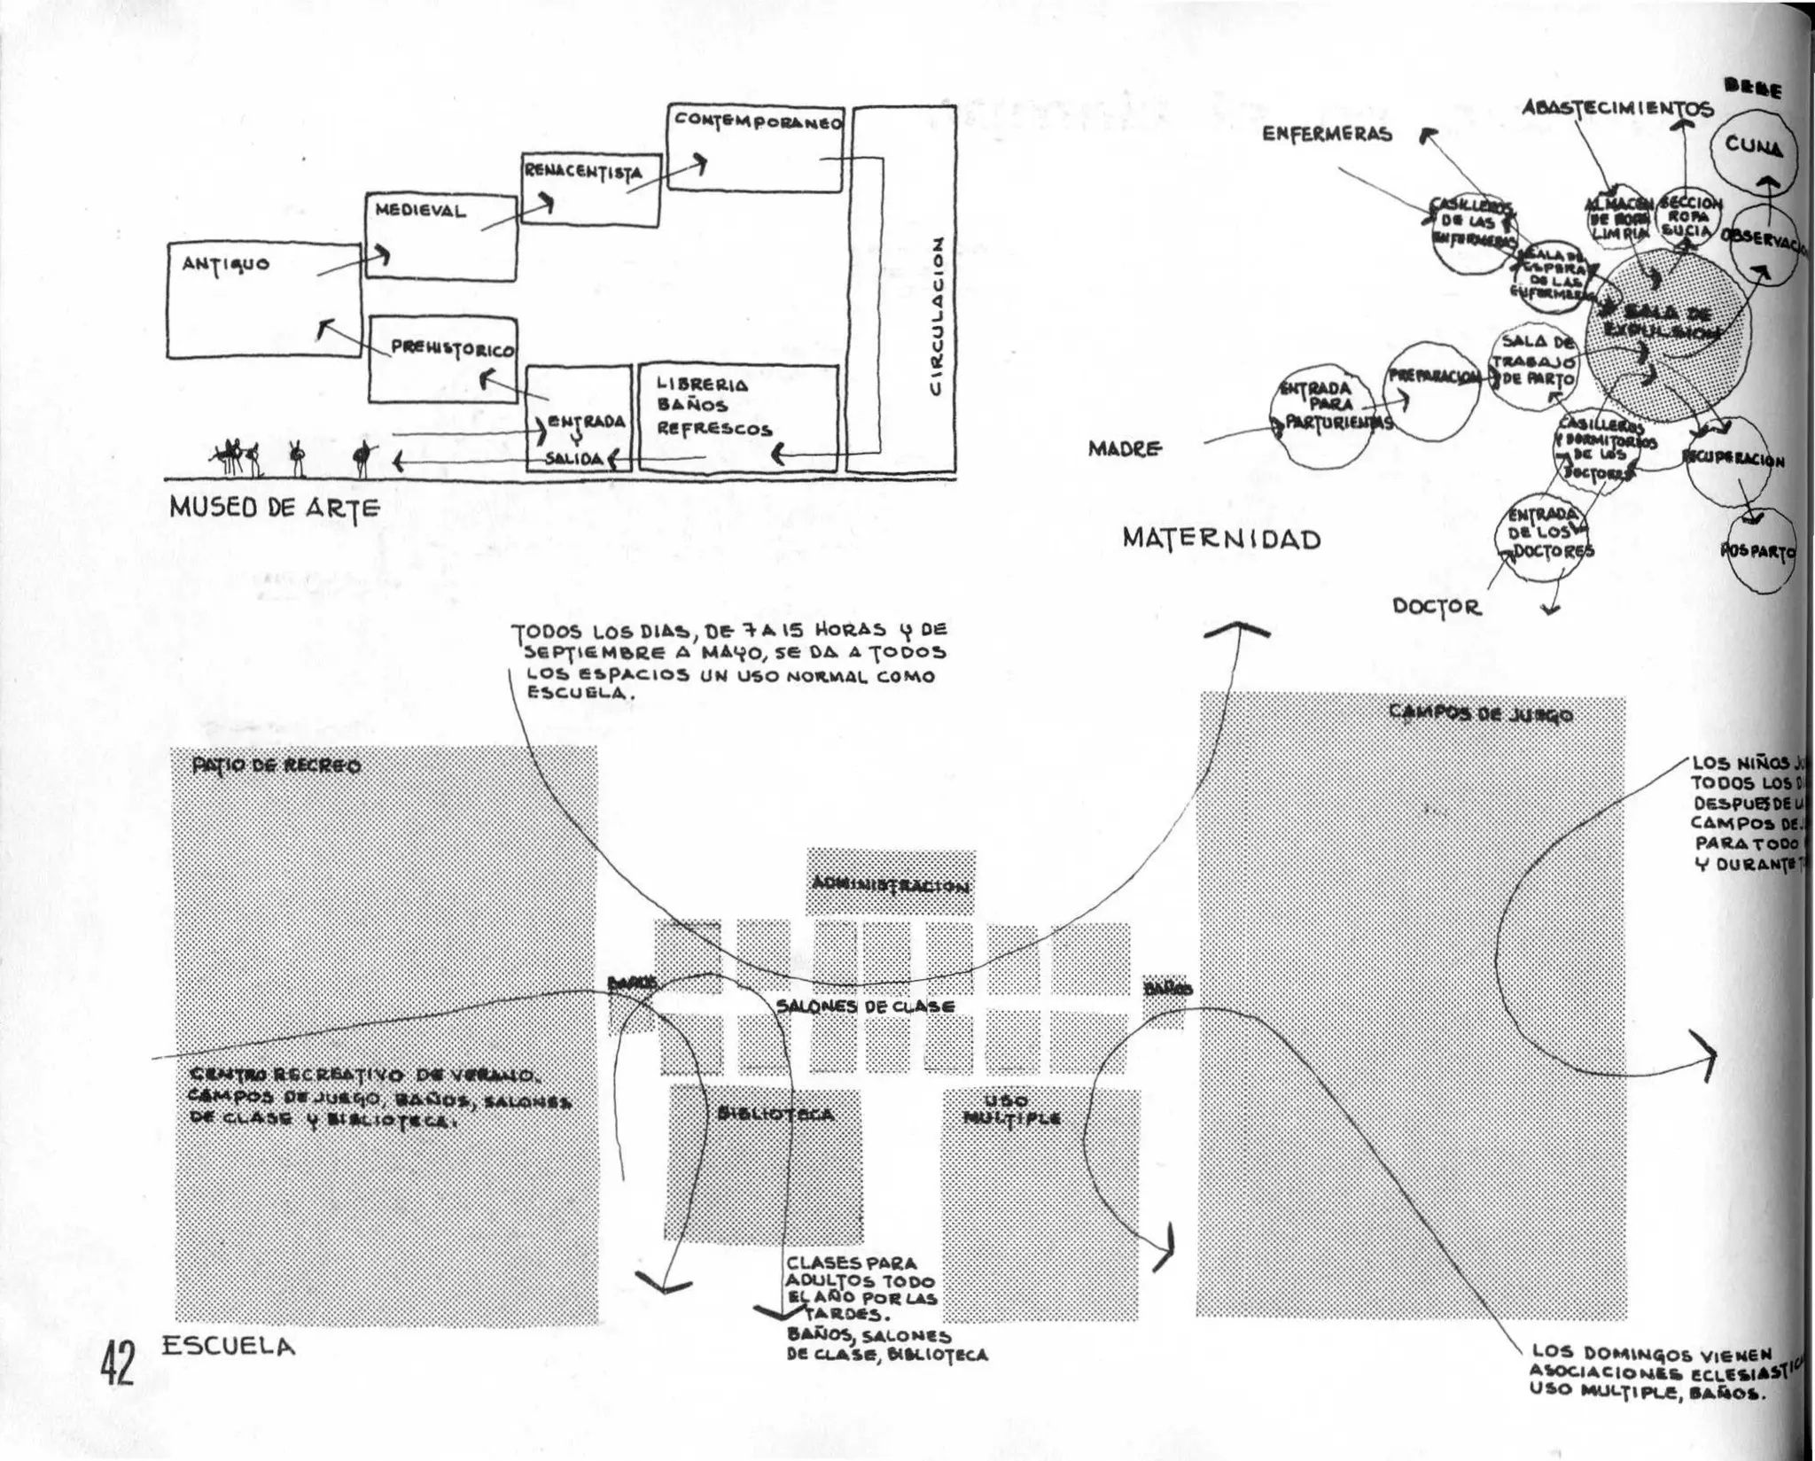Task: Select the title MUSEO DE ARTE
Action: tap(275, 508)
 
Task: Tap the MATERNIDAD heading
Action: tap(1221, 539)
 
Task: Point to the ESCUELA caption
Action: tap(228, 1347)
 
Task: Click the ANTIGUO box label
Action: tap(226, 264)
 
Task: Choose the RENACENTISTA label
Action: tap(581, 171)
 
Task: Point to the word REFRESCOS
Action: tap(714, 430)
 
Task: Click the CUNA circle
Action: tap(1753, 147)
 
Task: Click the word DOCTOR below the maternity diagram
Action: tap(1437, 607)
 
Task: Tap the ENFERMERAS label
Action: tap(1327, 134)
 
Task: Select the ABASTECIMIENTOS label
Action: tap(1616, 108)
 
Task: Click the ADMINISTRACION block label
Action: tap(891, 886)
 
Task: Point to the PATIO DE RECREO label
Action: tap(276, 766)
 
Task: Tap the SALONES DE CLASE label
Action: tap(865, 1006)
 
